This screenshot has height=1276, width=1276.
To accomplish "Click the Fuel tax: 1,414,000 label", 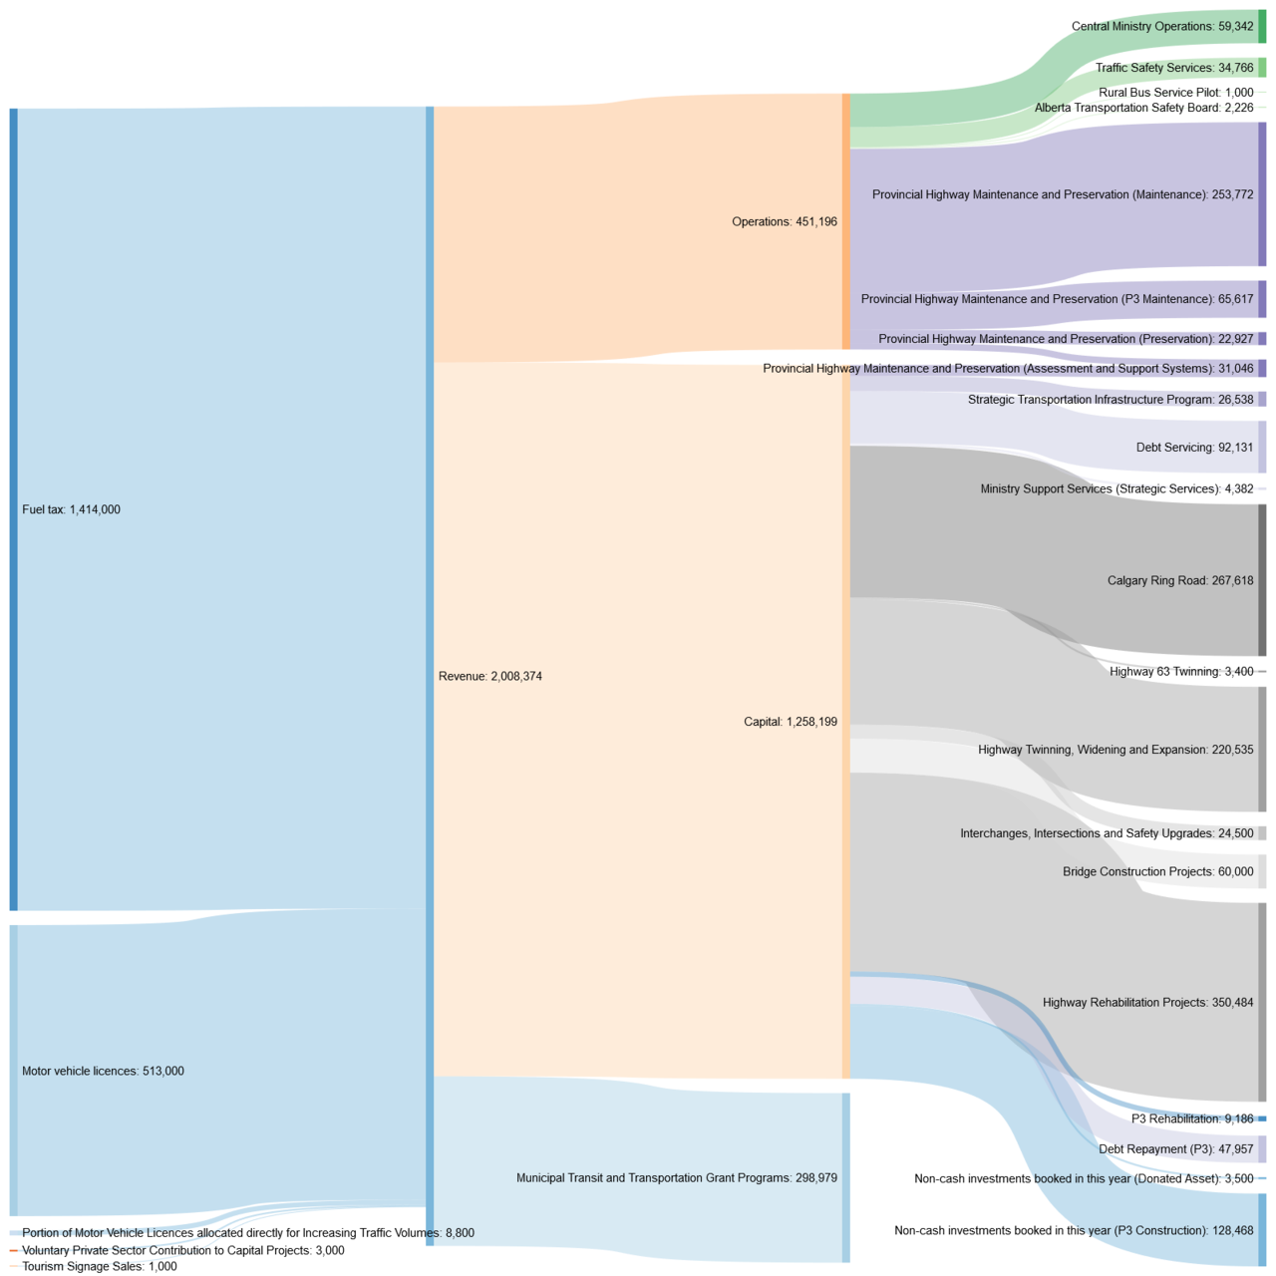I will [71, 509].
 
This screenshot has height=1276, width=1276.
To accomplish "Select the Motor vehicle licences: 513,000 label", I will [103, 1071].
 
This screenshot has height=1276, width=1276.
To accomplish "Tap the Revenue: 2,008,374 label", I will [489, 676].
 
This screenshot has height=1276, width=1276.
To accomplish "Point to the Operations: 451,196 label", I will [785, 221].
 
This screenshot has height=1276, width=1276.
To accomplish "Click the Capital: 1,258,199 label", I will [791, 722].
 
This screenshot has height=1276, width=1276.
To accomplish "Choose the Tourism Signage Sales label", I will [99, 1266].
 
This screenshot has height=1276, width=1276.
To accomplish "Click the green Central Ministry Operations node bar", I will [1262, 27].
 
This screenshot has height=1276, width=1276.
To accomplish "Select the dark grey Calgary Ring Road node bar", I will [1262, 580].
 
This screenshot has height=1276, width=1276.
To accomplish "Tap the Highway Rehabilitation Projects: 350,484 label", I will [1147, 1002].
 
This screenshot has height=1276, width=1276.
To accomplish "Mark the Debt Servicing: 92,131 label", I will [1194, 448].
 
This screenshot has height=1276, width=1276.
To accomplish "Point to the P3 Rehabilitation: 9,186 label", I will [1191, 1118].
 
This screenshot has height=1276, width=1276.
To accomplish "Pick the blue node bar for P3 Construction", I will [1262, 1230].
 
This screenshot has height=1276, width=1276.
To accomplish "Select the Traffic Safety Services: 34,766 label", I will [1174, 68].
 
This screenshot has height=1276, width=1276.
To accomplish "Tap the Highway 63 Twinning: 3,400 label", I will [1181, 671].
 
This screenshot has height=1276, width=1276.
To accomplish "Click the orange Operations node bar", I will [846, 221].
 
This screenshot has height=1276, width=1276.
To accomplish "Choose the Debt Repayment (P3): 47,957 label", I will [1175, 1148].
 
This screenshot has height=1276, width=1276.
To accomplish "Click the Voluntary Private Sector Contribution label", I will [182, 1250].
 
